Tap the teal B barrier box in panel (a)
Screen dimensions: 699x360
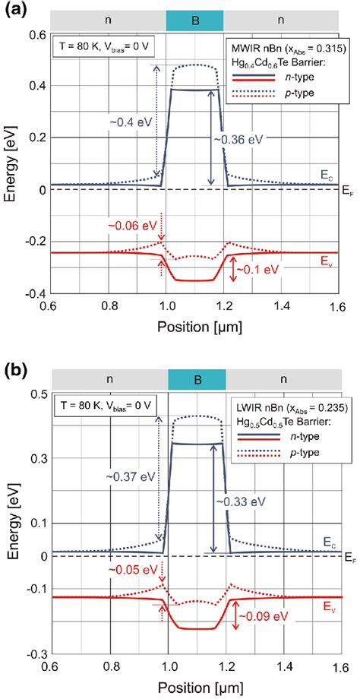click(194, 20)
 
